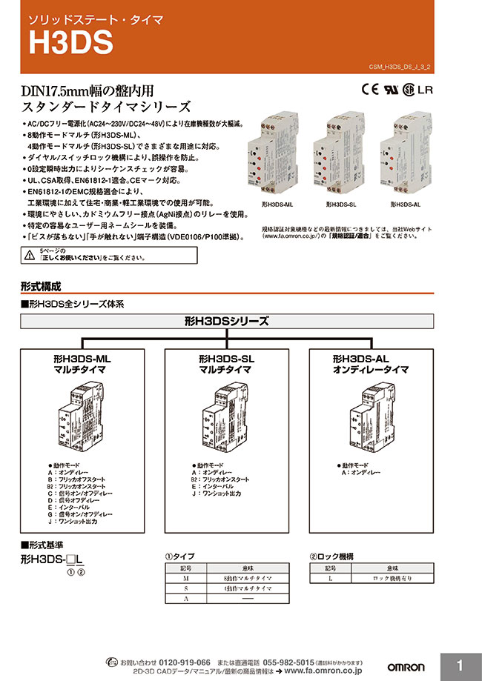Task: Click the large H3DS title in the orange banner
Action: click(71, 43)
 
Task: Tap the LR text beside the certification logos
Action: click(426, 91)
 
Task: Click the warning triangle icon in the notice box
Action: click(29, 255)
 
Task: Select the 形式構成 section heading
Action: click(41, 286)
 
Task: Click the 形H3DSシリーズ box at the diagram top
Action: click(226, 322)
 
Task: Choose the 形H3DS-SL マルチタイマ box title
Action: click(226, 363)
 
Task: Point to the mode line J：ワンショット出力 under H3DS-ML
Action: click(73, 521)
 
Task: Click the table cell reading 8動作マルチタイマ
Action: click(248, 577)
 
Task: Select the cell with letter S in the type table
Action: click(185, 588)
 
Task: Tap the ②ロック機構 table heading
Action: click(333, 555)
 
